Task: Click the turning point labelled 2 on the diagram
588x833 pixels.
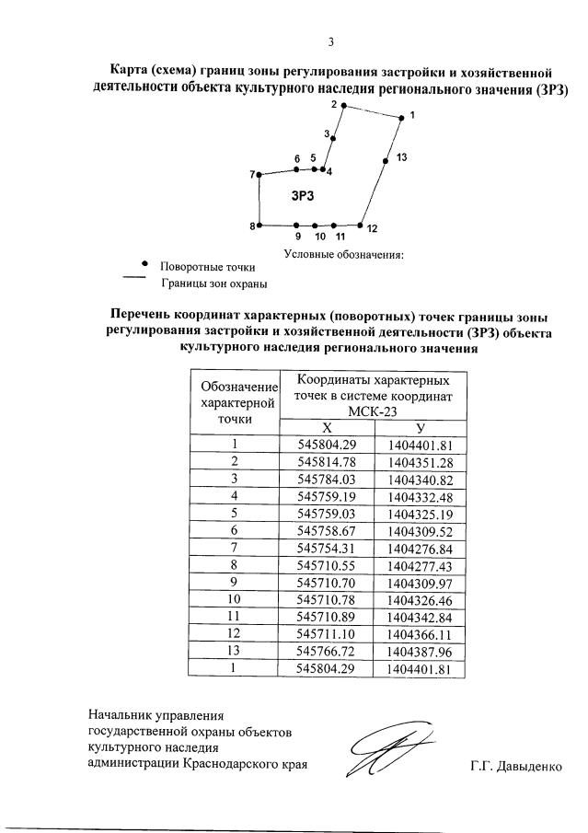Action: coord(343,106)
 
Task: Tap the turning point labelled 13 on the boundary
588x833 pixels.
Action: coord(386,160)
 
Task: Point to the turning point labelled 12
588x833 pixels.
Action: coord(360,226)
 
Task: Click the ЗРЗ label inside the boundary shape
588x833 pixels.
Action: coord(303,196)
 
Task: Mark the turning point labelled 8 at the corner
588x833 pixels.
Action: coord(260,226)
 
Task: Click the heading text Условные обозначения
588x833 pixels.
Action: coord(344,254)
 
